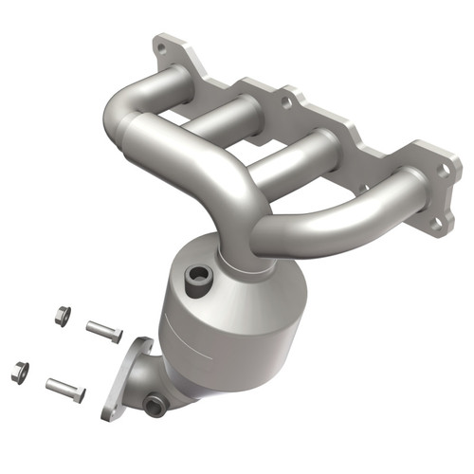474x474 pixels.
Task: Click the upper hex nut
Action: [x=62, y=317]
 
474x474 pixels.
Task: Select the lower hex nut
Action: [x=20, y=371]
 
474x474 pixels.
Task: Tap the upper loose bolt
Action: [x=103, y=332]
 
